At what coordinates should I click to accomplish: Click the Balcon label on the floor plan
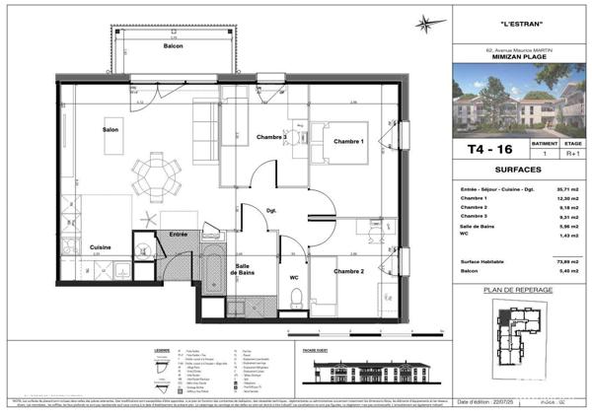[173, 46]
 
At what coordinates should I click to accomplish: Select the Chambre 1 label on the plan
[348, 141]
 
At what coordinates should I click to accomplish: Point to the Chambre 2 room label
[348, 271]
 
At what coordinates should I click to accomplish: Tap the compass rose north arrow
[426, 24]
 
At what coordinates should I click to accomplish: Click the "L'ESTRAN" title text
[518, 24]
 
